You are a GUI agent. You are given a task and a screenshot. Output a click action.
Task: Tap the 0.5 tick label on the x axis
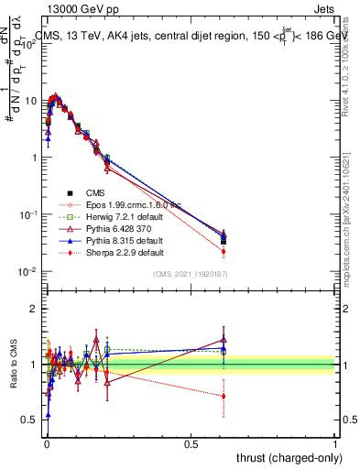pos(191,444)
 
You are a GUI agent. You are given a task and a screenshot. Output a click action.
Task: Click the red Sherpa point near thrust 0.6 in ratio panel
pos(224,397)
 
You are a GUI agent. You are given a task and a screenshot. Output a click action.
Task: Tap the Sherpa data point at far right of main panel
pos(224,251)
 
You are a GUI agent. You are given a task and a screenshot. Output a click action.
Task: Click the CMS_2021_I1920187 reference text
pos(188,274)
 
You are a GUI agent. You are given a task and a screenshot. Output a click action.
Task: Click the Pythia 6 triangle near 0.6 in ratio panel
pos(224,340)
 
